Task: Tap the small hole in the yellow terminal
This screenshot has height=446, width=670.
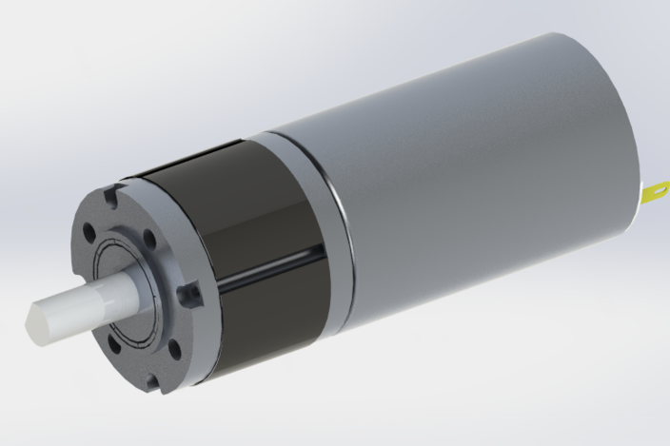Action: pos(657,194)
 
